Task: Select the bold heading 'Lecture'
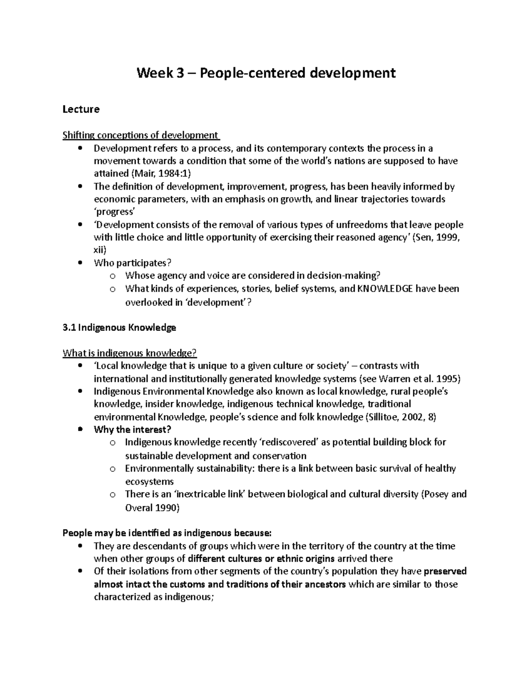point(81,109)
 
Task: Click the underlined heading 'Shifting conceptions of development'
point(141,135)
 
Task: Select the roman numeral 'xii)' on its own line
point(100,250)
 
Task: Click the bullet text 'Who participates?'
point(132,263)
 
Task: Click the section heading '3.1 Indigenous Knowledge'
point(119,327)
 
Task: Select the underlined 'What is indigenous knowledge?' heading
point(129,353)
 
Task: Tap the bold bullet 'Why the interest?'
point(132,429)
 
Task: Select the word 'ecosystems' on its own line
point(149,481)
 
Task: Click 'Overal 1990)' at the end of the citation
point(152,508)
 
